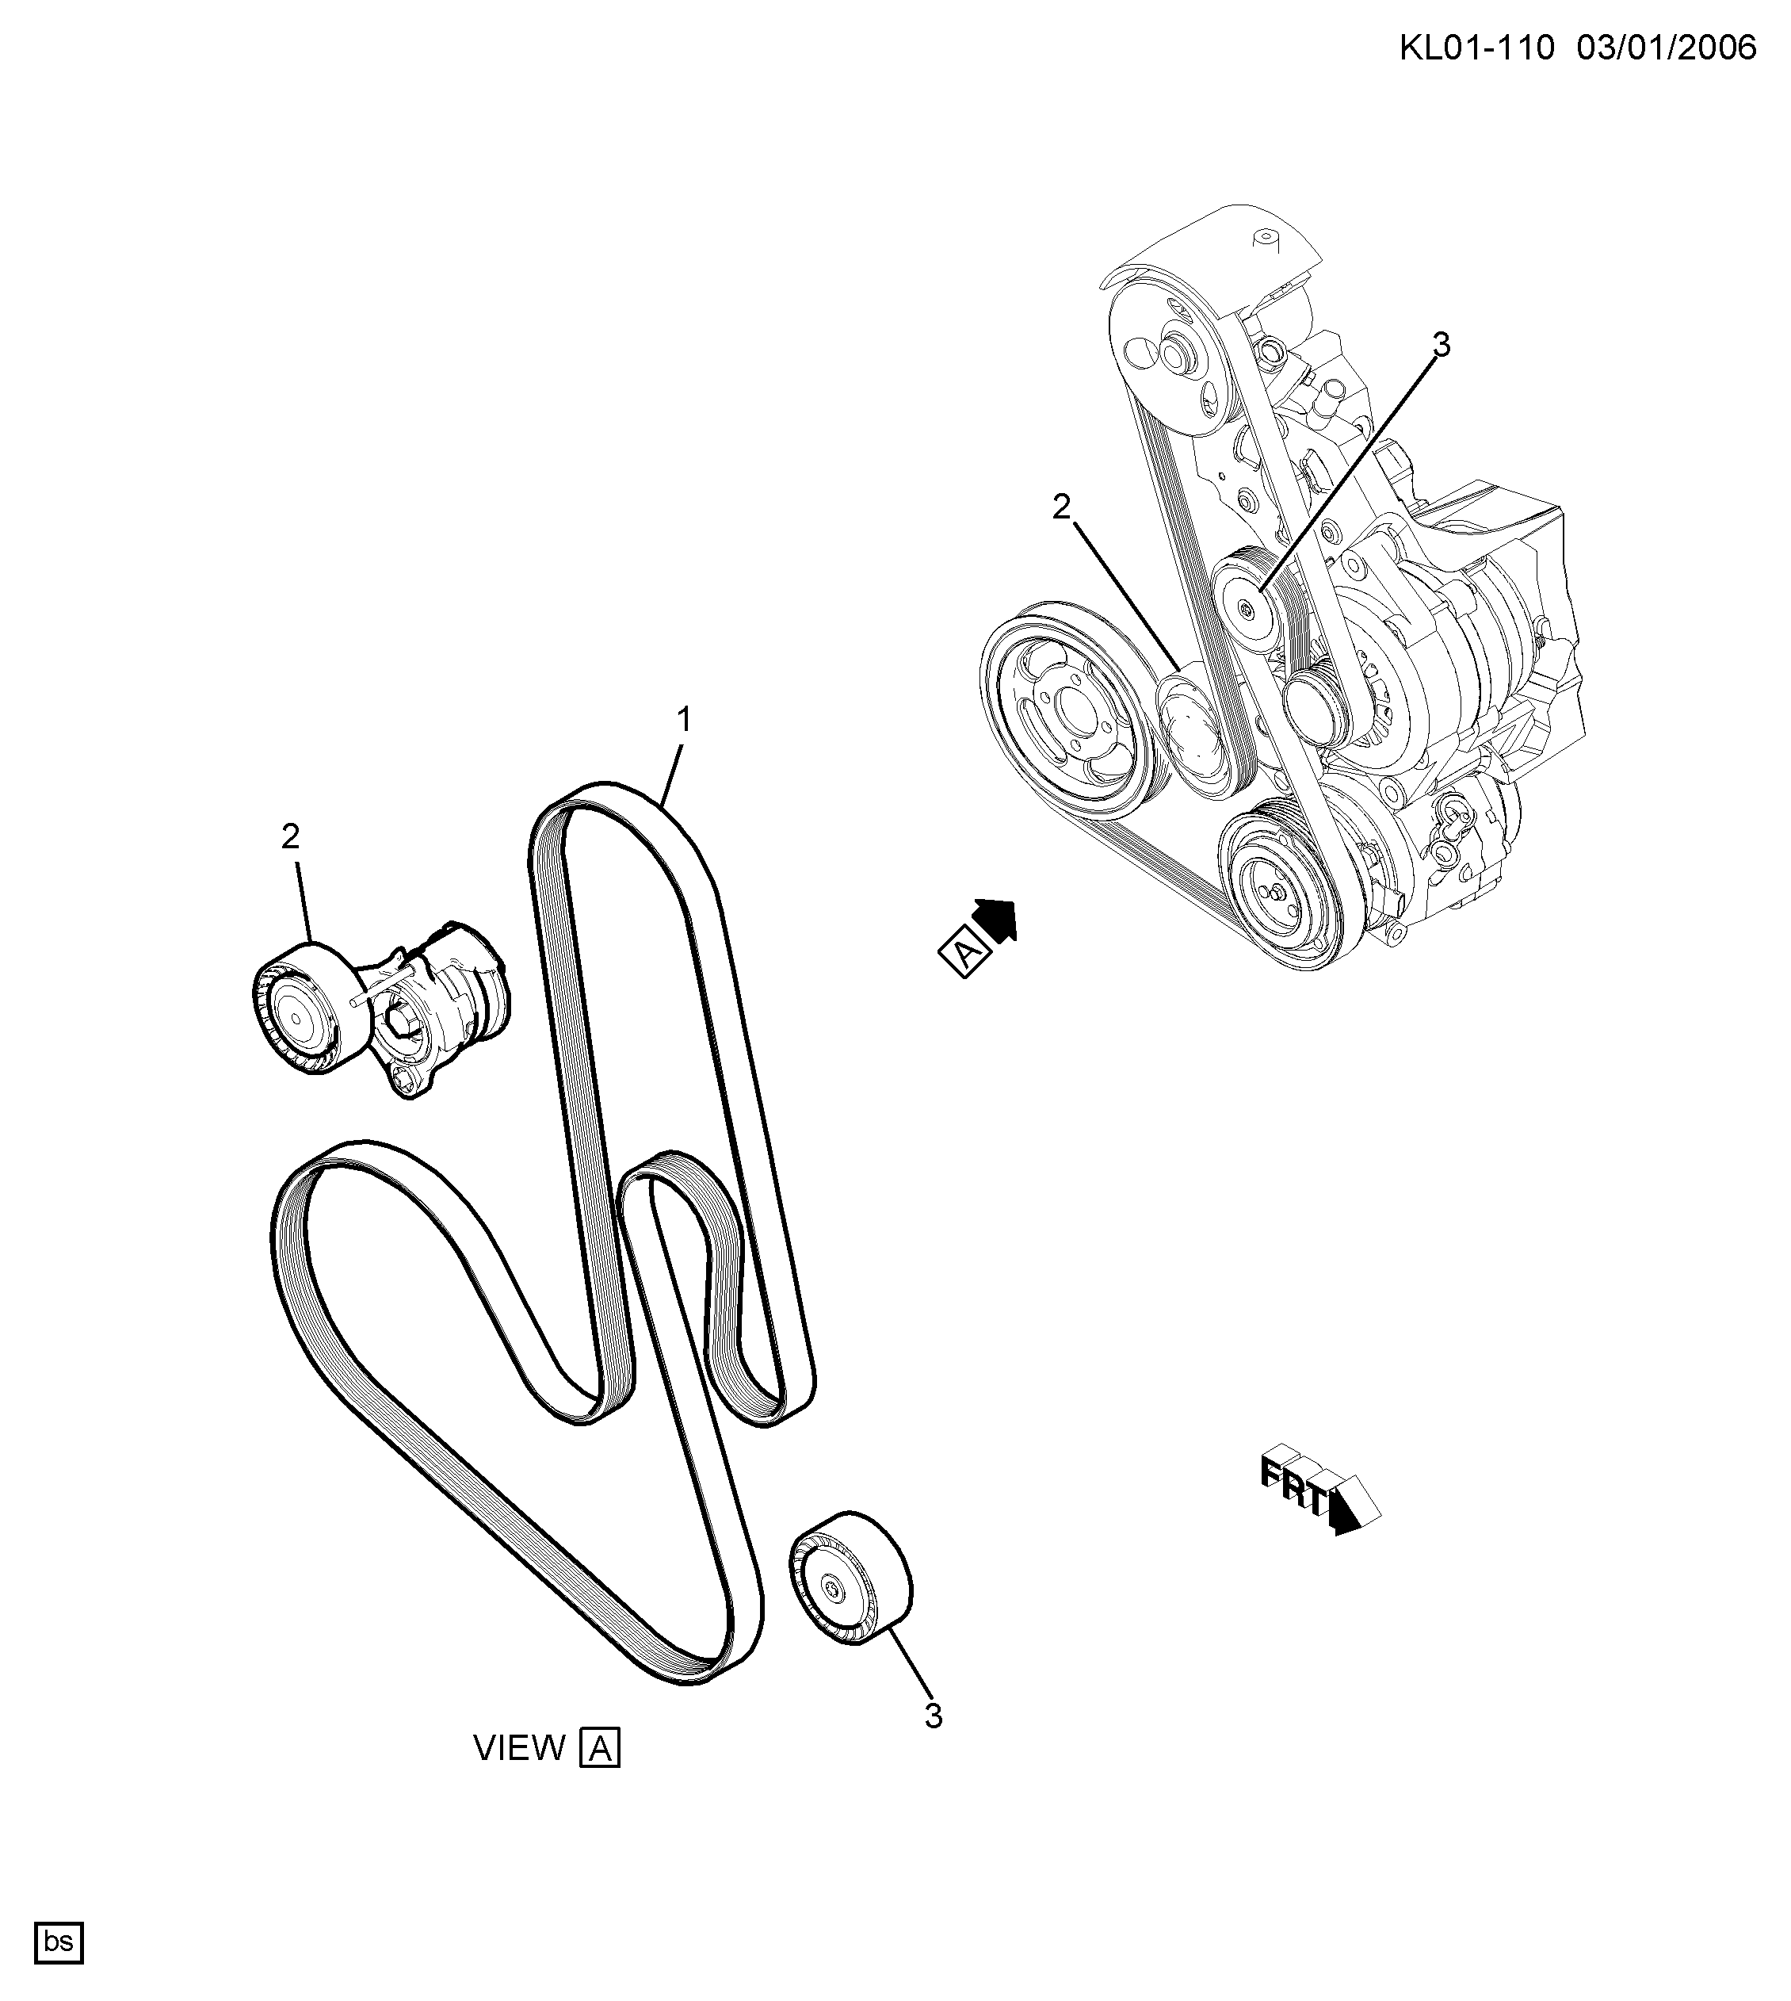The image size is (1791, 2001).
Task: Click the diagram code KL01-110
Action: coord(1476,48)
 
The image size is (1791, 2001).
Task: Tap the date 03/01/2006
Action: coord(1667,48)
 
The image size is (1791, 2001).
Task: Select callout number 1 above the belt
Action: coord(683,721)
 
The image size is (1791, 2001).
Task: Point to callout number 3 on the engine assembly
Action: coord(1441,346)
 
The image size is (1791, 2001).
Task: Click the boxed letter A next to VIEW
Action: coord(600,1748)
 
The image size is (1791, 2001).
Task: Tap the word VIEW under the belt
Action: coord(520,1748)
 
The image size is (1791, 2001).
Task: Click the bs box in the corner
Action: coord(59,1942)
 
